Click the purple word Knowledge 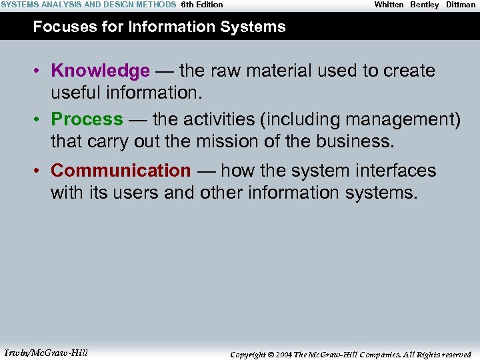coord(100,71)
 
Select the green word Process coord(87,119)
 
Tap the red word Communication coord(121,171)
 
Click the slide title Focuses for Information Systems coord(159,27)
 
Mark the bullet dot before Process coord(40,120)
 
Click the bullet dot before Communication coord(40,171)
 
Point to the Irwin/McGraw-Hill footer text coord(46,353)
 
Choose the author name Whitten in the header coord(389,5)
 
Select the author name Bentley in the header coord(425,5)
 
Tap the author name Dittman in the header coord(461,5)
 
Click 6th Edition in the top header coord(202,5)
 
